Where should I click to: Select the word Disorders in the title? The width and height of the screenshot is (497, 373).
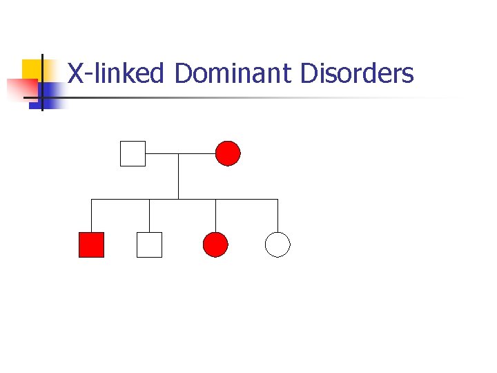357,73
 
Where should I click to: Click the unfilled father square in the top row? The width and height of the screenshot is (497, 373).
133,153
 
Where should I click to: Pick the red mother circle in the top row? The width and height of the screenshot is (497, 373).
228,153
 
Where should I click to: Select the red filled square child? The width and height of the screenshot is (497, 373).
91,245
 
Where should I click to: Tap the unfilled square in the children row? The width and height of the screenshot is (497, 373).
149,245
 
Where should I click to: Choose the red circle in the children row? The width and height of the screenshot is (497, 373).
215,245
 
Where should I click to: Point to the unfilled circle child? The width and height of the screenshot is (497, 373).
277,245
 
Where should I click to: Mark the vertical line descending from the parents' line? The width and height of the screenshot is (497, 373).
179,176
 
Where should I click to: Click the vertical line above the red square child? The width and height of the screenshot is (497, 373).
92,216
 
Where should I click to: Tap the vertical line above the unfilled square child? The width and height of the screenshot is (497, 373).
150,216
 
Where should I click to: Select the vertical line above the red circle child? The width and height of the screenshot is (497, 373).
215,216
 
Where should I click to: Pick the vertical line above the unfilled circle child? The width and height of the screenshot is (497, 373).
277,216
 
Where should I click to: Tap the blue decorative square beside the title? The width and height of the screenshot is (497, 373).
50,90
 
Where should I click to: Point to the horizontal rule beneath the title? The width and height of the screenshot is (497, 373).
262,97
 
